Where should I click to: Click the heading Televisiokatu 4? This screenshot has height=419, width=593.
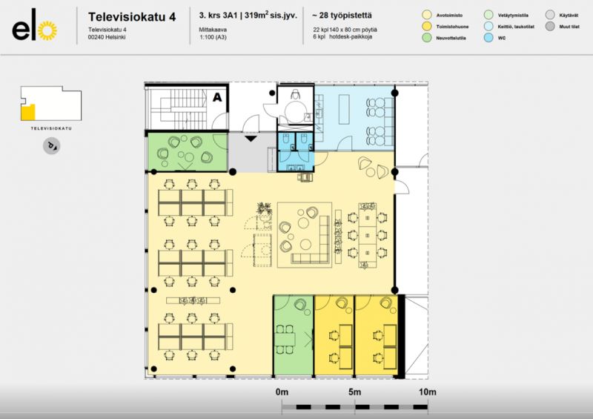tap(131, 16)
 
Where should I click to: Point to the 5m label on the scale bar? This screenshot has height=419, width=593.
tap(354, 391)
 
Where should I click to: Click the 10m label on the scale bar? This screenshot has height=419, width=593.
tap(427, 391)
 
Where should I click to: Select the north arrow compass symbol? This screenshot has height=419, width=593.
tap(51, 146)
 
